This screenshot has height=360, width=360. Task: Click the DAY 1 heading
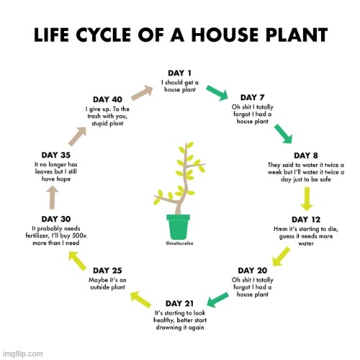coord(179,73)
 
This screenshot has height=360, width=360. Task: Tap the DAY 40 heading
coord(107,99)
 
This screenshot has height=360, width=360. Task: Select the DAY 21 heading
coord(179,303)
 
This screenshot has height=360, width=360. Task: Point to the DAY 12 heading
coord(306,220)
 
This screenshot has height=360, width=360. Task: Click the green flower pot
coord(179,227)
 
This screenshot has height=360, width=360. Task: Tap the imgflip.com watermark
coord(23,354)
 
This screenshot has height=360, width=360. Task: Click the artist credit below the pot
coord(179,243)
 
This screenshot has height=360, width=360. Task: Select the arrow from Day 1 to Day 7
coord(217,92)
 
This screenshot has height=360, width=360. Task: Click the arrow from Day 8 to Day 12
coord(307,199)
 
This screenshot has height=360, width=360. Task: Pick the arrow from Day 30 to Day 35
coord(52,198)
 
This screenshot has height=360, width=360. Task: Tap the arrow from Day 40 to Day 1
coord(142,93)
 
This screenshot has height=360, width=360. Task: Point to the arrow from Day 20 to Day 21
coord(217,300)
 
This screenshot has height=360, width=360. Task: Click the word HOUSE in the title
coord(225,35)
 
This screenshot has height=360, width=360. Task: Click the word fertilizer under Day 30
coord(37,235)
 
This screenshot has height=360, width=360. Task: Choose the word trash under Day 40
coord(94,116)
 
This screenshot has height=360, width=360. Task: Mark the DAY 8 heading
coord(306,156)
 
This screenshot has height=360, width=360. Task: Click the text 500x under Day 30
coord(79,235)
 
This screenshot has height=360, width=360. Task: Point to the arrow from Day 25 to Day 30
coord(77,261)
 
